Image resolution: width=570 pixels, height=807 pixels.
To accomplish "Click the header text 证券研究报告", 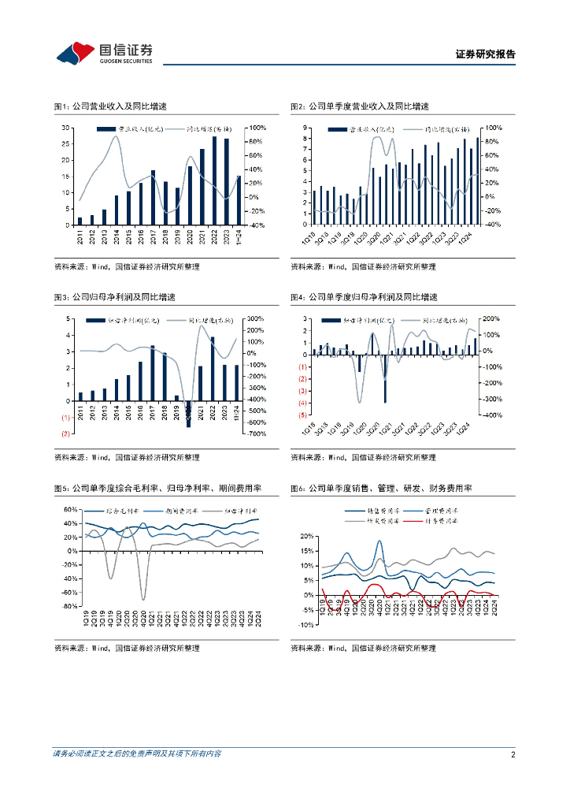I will [486, 54].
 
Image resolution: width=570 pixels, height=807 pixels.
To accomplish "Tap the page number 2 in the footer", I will [513, 754].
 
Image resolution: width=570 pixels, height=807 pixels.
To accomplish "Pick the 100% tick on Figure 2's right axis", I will [490, 128].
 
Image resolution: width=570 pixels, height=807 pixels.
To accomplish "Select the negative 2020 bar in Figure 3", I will [189, 415].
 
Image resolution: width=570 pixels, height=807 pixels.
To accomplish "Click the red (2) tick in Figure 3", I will [66, 434].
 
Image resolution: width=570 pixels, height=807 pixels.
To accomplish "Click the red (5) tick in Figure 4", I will [302, 415].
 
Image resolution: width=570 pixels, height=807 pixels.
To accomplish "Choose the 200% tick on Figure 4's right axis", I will [490, 318].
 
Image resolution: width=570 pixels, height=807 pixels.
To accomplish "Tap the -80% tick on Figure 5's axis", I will [70, 607].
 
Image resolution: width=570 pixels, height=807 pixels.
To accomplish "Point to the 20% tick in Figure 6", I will [306, 536].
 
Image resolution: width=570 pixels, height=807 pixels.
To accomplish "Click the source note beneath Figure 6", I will [363, 648].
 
